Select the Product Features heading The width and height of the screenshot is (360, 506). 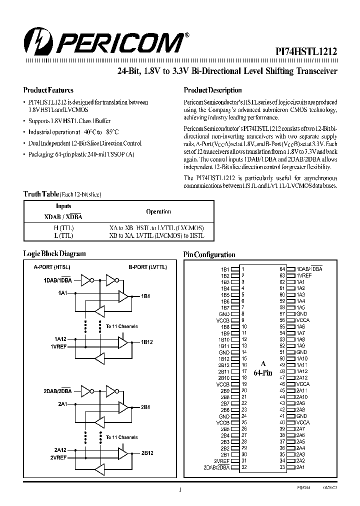(48, 90)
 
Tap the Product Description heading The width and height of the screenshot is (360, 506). (212, 90)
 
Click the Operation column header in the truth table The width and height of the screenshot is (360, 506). (158, 211)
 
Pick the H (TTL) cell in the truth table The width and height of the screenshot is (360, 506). (63, 227)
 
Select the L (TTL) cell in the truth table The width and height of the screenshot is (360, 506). (63, 235)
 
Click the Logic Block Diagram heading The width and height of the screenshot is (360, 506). (54, 253)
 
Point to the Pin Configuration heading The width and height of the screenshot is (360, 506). (209, 254)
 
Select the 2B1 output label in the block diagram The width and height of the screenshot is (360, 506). (145, 407)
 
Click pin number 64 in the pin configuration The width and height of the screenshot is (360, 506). (282, 268)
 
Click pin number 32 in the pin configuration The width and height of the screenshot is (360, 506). (243, 467)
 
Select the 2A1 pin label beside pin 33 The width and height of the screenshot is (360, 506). (300, 467)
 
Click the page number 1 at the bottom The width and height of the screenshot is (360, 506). (179, 489)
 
